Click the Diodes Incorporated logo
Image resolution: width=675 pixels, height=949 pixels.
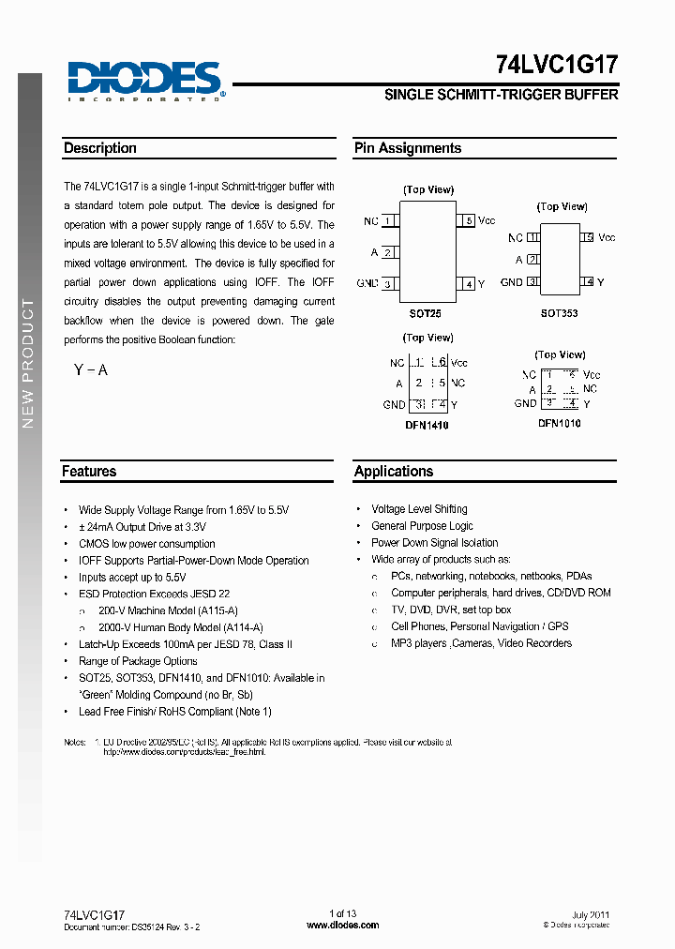point(145,80)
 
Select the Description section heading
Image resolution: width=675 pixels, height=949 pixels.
point(100,148)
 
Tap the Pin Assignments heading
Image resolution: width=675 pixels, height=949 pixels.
point(407,148)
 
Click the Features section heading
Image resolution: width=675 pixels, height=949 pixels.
point(89,472)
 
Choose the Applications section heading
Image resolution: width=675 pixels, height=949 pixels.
point(394,472)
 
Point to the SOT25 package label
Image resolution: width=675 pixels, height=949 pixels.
point(427,313)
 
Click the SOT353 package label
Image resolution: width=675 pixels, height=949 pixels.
point(559,313)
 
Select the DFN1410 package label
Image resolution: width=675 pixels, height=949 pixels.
point(427,425)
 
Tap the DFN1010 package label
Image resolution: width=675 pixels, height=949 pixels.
point(559,423)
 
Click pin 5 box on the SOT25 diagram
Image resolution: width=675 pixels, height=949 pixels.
point(466,221)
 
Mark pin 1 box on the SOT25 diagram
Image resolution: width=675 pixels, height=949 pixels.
point(389,221)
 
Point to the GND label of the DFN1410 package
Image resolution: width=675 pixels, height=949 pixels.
point(394,405)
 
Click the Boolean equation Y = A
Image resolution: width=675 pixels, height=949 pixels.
point(91,370)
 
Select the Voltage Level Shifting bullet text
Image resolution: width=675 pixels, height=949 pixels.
point(419,509)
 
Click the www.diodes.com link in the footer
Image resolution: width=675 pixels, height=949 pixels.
point(343,925)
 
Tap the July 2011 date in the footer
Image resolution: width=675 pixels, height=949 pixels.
point(591,914)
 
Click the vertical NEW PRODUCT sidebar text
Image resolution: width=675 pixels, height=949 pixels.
point(28,364)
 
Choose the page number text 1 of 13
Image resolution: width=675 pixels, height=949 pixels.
point(343,914)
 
